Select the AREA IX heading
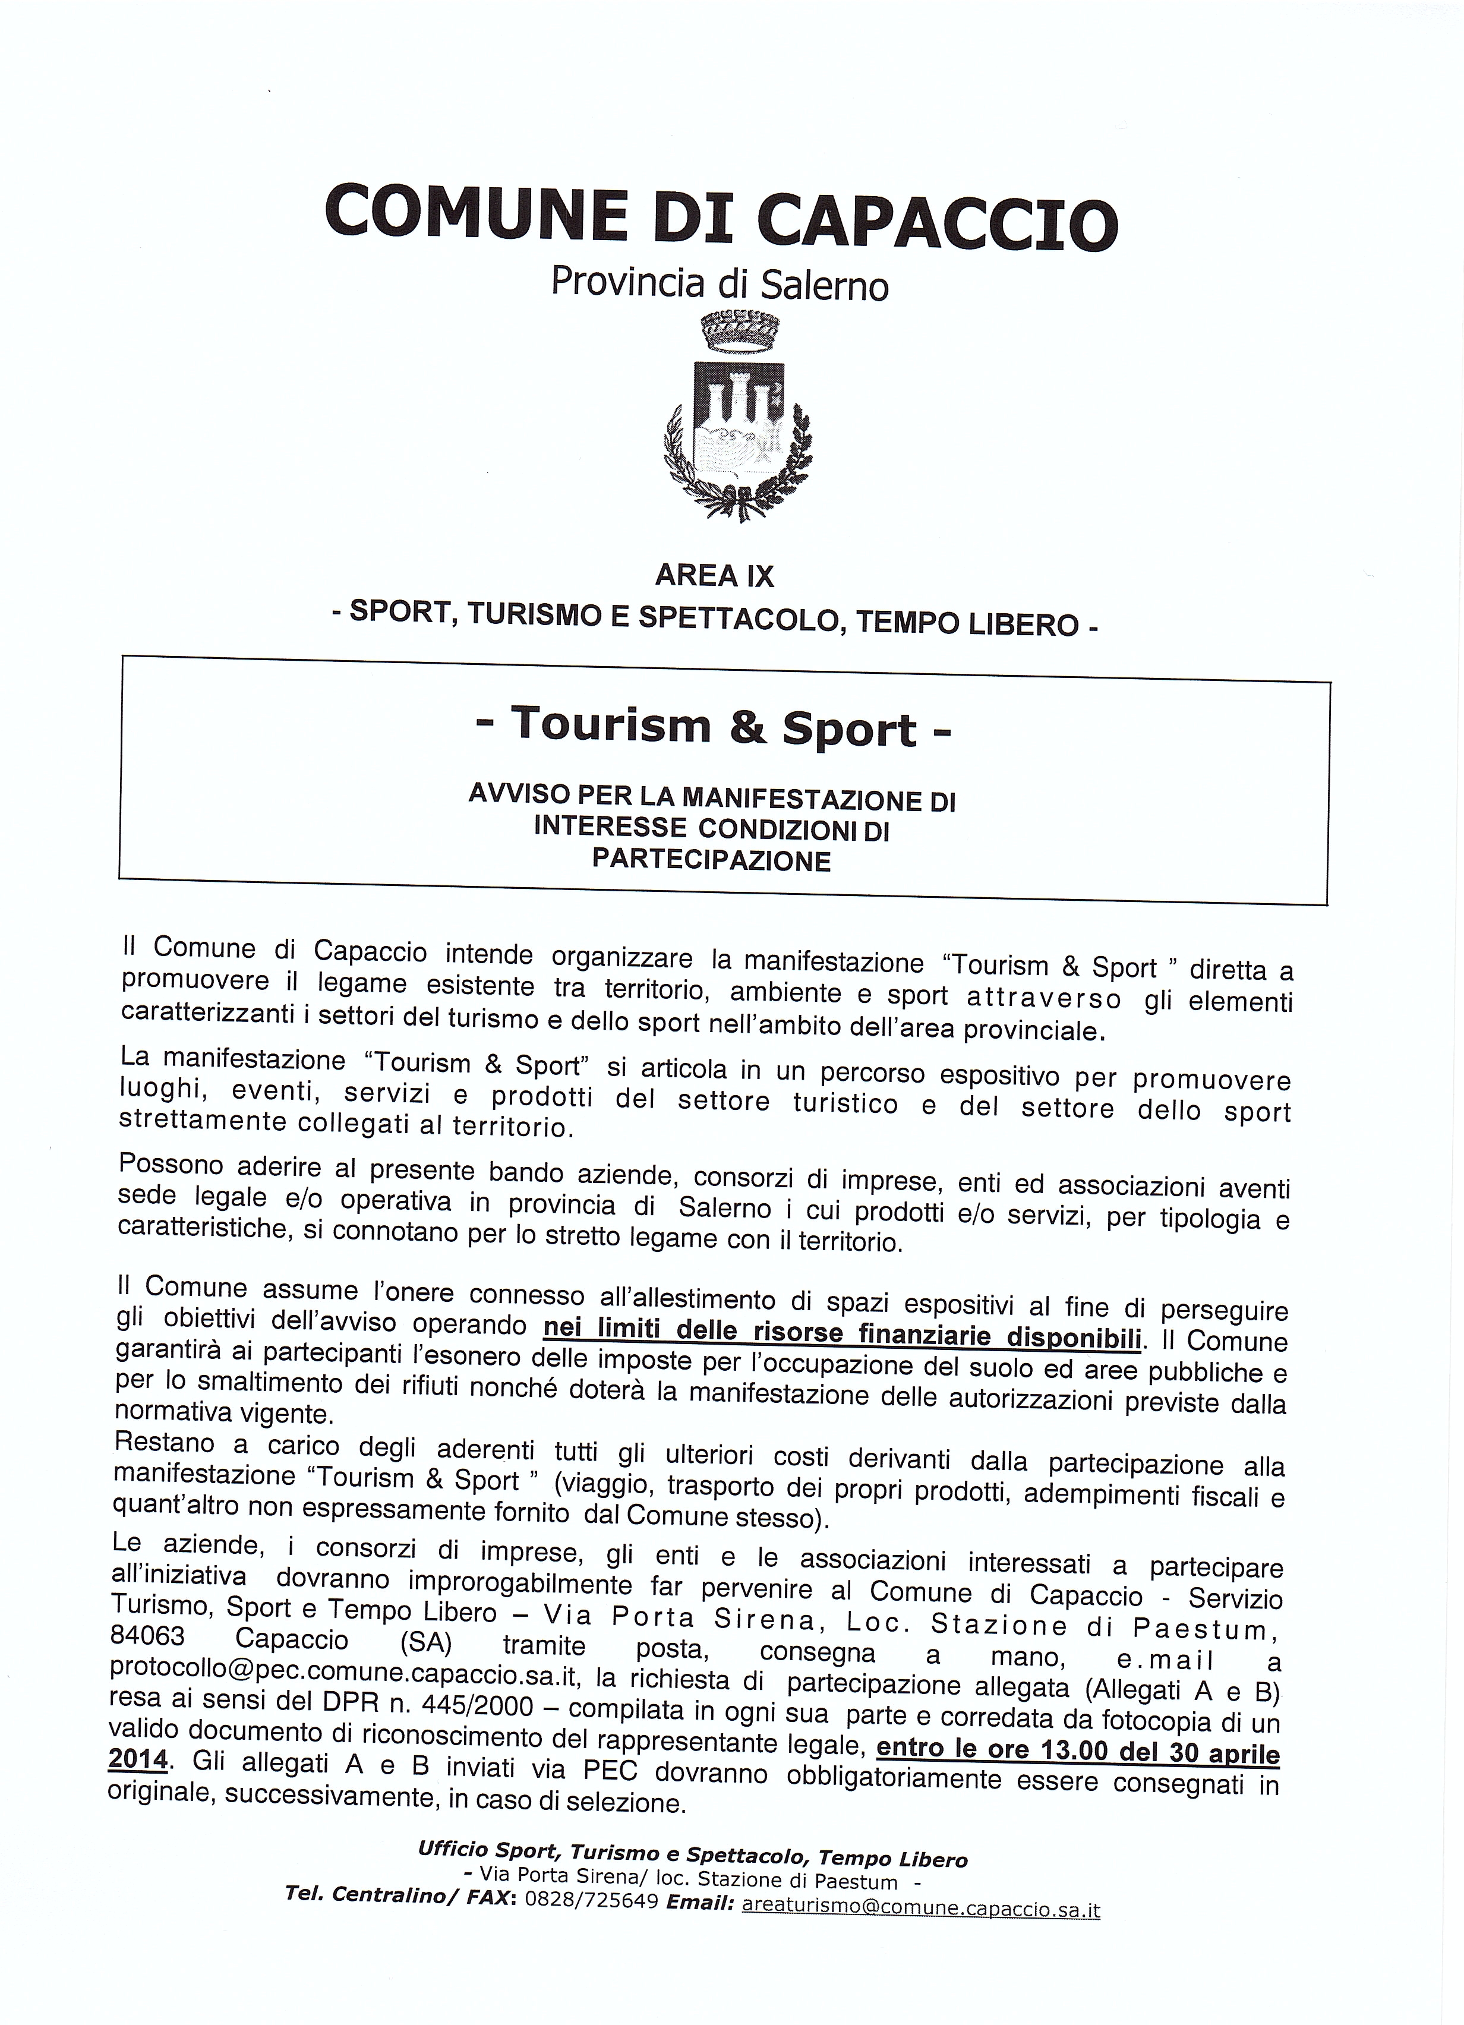tap(714, 576)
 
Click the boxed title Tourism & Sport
tap(713, 728)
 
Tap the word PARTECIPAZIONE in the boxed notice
tap(711, 860)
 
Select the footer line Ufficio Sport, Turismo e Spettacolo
tap(692, 1855)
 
